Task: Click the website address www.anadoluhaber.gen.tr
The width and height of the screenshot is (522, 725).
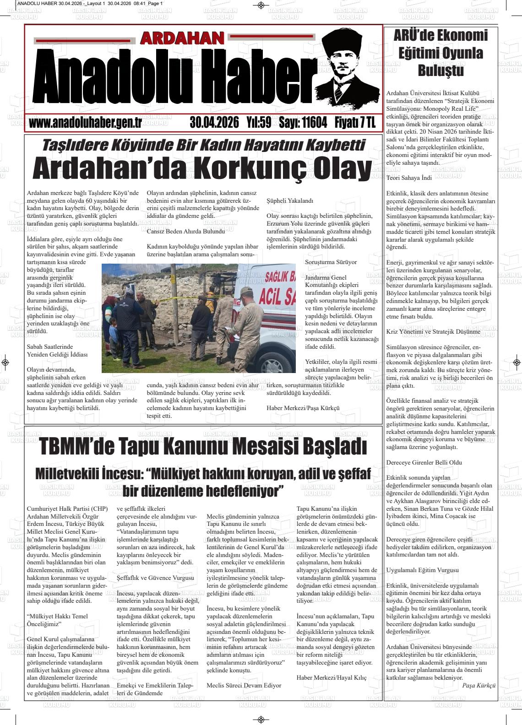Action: point(85,123)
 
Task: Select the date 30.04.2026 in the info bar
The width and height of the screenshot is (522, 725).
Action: point(214,123)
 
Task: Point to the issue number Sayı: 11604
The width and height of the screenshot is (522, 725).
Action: point(303,123)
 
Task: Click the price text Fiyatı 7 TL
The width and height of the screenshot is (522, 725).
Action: point(355,123)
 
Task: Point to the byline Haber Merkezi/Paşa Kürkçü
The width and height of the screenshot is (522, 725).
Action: point(303,408)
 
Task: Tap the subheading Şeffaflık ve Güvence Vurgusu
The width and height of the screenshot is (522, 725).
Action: point(156,578)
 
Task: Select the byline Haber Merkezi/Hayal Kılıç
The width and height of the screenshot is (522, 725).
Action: point(332,677)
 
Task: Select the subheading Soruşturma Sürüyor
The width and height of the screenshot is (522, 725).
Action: point(331,262)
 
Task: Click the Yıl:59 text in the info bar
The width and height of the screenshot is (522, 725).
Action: point(259,123)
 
